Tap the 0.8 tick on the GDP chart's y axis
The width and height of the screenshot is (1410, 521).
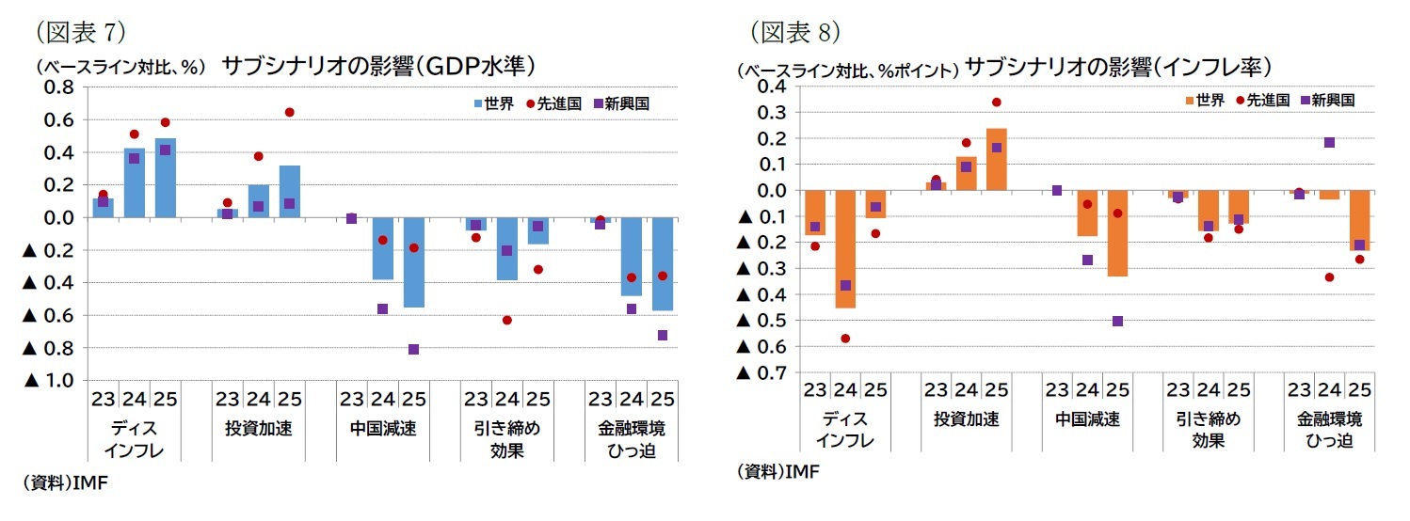point(58,87)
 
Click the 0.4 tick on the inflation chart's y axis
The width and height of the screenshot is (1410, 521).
point(775,87)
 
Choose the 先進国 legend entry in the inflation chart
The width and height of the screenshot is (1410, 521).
point(1261,100)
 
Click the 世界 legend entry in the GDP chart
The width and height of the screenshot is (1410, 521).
point(492,103)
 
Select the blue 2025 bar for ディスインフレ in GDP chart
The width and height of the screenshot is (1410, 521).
point(166,178)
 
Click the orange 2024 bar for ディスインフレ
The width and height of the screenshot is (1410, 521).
point(845,249)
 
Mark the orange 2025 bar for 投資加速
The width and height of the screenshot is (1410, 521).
point(997,159)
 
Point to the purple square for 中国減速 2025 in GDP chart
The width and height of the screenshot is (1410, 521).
point(414,349)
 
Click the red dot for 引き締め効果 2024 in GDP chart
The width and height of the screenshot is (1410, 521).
point(507,320)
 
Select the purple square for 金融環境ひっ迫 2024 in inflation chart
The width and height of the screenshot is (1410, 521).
point(1329,143)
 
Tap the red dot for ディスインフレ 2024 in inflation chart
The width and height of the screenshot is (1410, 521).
point(845,338)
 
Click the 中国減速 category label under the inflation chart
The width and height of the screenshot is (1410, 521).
point(1087,418)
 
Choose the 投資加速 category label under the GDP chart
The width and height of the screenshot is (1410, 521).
point(258,429)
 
